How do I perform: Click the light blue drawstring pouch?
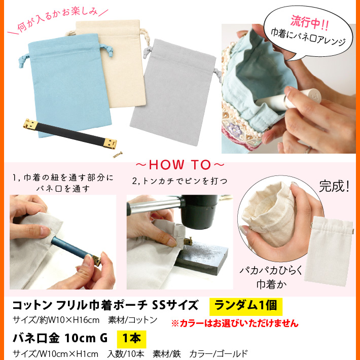(69, 85)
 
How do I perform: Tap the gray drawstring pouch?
(174, 92)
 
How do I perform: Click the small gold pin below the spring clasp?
(118, 155)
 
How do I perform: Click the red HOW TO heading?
(180, 165)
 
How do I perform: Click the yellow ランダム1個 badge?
(246, 306)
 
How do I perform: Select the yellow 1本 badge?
(131, 339)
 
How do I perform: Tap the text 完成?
(334, 186)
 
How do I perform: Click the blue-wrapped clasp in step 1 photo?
(76, 250)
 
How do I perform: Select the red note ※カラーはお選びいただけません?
(235, 323)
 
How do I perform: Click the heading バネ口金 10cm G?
(60, 338)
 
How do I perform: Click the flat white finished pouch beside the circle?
(329, 251)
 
